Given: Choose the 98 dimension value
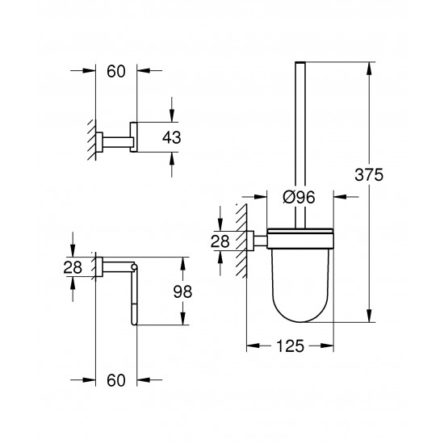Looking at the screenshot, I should tap(186, 291).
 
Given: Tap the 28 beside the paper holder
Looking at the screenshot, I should tap(73, 267).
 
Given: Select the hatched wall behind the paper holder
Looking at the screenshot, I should tap(91, 266).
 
